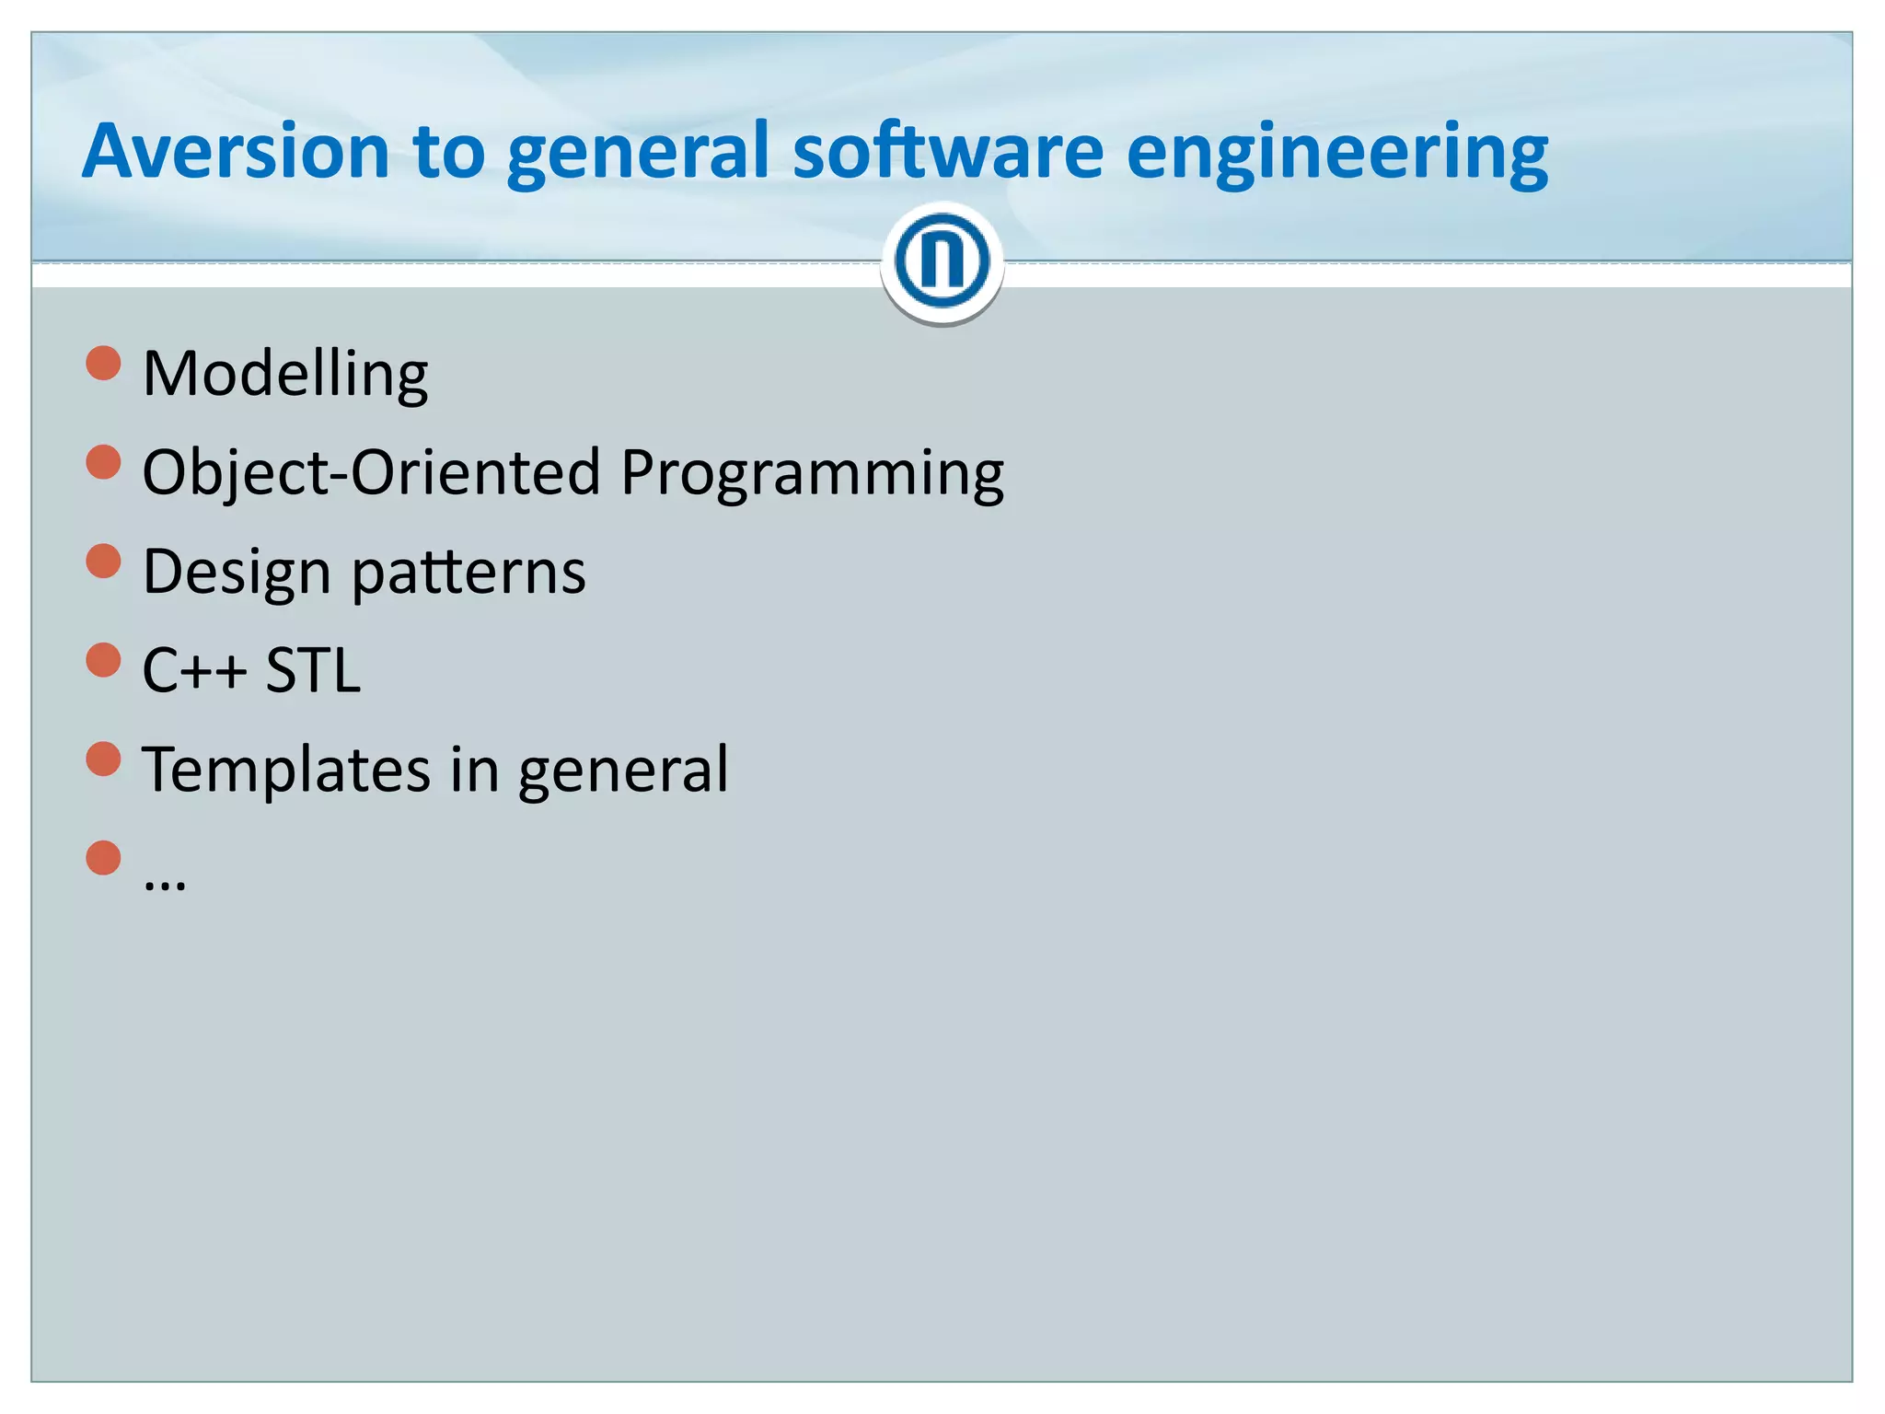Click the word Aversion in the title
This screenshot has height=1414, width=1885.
pos(236,151)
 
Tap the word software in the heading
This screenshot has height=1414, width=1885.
pos(948,151)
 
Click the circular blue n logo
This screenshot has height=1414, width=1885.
pos(942,261)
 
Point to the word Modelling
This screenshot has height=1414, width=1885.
pos(285,375)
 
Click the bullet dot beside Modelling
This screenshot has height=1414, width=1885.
pos(104,363)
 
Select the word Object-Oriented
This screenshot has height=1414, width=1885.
pos(372,472)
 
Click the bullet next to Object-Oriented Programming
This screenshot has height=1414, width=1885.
pos(104,462)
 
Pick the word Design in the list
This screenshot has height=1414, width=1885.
pos(237,573)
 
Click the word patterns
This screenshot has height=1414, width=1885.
pos(468,573)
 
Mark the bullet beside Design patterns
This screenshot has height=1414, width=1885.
pos(104,561)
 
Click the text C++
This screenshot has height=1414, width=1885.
pos(194,670)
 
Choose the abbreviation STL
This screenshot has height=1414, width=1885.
pos(313,670)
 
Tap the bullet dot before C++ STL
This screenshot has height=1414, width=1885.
pos(104,660)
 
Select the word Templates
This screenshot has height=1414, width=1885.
pos(286,771)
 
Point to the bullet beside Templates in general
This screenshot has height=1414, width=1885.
pos(104,759)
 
